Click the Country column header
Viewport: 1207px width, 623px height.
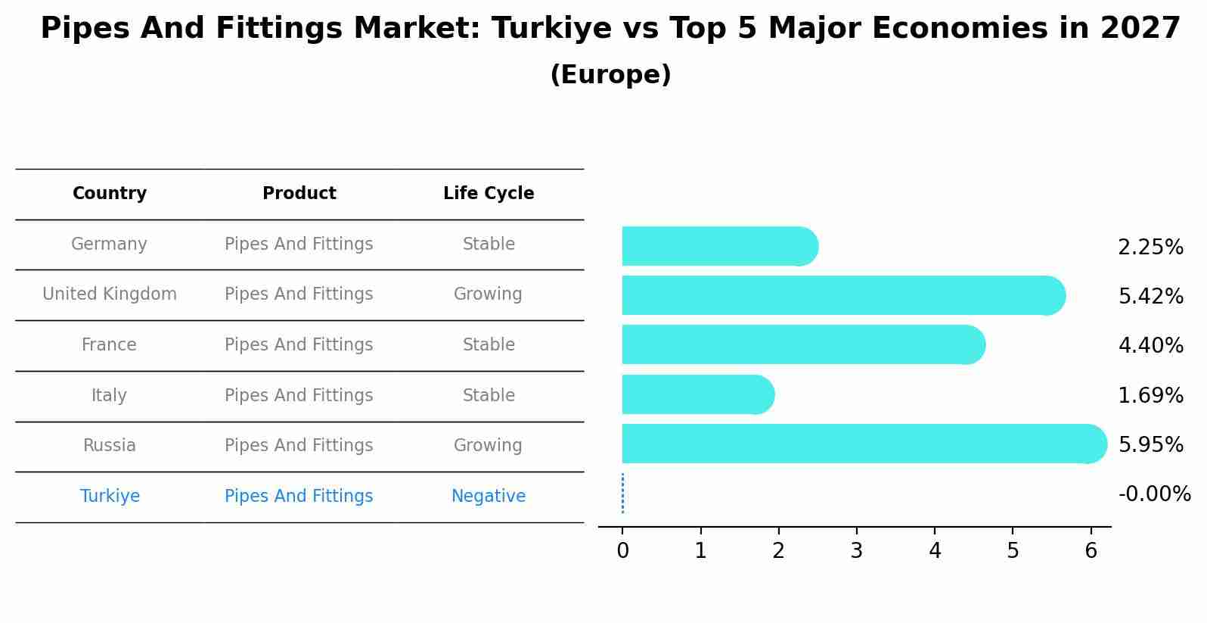pos(110,194)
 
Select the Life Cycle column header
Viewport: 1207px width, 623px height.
pos(489,194)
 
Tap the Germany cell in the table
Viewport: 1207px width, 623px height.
pos(109,245)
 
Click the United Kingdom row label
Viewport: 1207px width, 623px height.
pos(110,294)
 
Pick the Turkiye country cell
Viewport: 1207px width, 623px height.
pos(110,497)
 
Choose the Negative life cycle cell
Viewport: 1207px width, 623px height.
pos(489,497)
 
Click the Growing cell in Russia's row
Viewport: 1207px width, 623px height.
pos(488,446)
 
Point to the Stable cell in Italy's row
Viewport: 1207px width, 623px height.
pos(489,396)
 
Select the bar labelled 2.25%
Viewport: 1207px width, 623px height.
pos(718,247)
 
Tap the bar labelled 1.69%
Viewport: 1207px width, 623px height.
pos(697,394)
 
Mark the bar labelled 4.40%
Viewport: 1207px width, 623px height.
pos(802,345)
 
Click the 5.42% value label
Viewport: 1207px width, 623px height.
pos(1150,297)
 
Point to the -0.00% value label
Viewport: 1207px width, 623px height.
pos(1154,494)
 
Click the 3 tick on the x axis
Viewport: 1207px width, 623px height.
pos(857,551)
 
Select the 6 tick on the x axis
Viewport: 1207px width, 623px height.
pos(1091,551)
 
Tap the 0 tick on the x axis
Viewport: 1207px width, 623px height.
pos(622,551)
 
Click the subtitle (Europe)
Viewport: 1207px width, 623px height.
pos(610,75)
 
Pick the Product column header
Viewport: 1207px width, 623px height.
pos(299,194)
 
